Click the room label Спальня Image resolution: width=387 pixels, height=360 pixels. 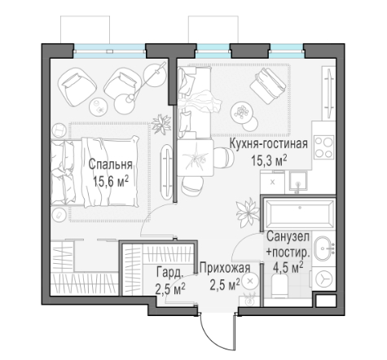tap(110, 165)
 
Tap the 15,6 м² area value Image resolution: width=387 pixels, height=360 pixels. tap(110, 182)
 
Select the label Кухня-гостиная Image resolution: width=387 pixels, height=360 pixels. tap(269, 144)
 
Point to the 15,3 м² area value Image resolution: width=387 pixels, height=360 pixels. tap(269, 160)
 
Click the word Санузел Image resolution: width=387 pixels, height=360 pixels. tap(288, 236)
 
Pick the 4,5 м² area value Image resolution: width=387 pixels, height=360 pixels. tap(288, 268)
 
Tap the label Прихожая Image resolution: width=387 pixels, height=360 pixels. tap(225, 268)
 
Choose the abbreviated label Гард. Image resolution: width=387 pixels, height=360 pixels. tap(170, 272)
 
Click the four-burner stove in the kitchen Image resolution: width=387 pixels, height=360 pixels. tap(323, 147)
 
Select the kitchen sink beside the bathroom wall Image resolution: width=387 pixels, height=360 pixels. tap(298, 182)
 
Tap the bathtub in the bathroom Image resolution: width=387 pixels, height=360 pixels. tap(300, 213)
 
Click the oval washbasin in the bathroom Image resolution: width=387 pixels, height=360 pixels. tap(323, 248)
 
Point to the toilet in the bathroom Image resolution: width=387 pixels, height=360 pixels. tap(279, 286)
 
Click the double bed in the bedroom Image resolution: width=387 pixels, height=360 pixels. tap(95, 172)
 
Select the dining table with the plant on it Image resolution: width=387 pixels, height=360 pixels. tap(195, 158)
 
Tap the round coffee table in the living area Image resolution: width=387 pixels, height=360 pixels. tap(242, 112)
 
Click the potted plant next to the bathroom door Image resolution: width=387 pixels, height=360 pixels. tap(247, 212)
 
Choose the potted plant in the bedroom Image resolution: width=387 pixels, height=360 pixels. tap(161, 124)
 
